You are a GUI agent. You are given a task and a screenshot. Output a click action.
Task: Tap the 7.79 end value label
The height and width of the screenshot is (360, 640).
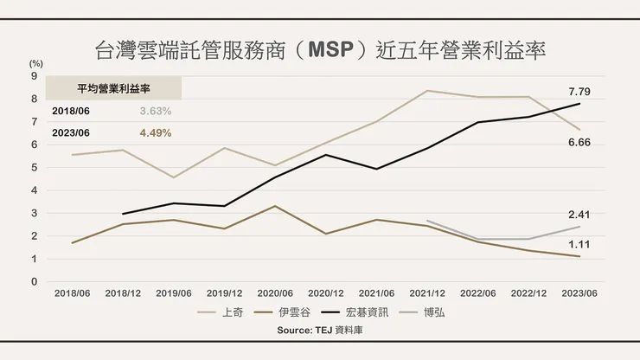tap(579, 91)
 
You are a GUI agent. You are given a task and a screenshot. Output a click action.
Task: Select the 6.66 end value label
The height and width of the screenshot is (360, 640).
tap(579, 141)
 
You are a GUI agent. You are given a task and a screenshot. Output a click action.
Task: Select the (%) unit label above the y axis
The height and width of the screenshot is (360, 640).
tap(35, 63)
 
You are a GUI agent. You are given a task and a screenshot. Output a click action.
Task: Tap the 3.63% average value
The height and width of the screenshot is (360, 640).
tap(156, 112)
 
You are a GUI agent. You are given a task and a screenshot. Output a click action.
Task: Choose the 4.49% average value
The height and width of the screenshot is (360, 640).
tap(156, 133)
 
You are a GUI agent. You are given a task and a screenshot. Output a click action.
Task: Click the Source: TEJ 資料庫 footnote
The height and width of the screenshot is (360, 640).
tap(320, 331)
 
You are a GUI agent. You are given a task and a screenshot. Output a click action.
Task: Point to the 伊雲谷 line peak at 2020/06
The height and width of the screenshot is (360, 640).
tap(274, 206)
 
